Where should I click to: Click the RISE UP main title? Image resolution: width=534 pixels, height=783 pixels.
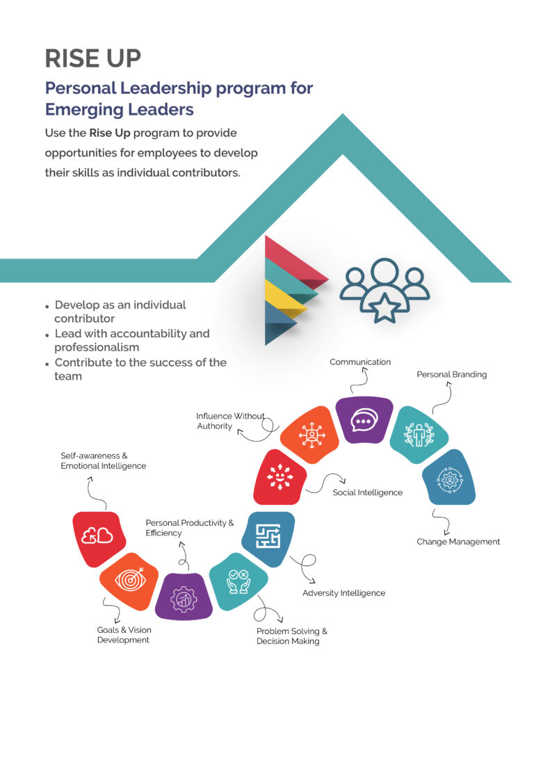92,58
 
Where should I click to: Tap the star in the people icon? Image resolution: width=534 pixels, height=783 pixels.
385,307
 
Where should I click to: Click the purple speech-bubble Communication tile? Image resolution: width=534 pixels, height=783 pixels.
364,420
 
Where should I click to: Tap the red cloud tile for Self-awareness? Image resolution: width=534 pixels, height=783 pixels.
98,536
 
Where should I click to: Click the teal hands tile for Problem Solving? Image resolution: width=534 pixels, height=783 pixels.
238,581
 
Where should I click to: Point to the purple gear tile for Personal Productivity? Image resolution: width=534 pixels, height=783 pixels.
184,597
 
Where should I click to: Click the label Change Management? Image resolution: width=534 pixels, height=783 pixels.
458,542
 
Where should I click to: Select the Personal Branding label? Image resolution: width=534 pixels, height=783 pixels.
451,375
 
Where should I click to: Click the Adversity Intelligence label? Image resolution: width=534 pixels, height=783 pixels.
343,593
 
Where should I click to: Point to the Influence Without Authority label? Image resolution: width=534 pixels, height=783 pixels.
229,421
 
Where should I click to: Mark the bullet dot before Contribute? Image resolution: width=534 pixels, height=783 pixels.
47,364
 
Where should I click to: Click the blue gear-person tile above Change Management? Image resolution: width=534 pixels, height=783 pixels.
449,478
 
